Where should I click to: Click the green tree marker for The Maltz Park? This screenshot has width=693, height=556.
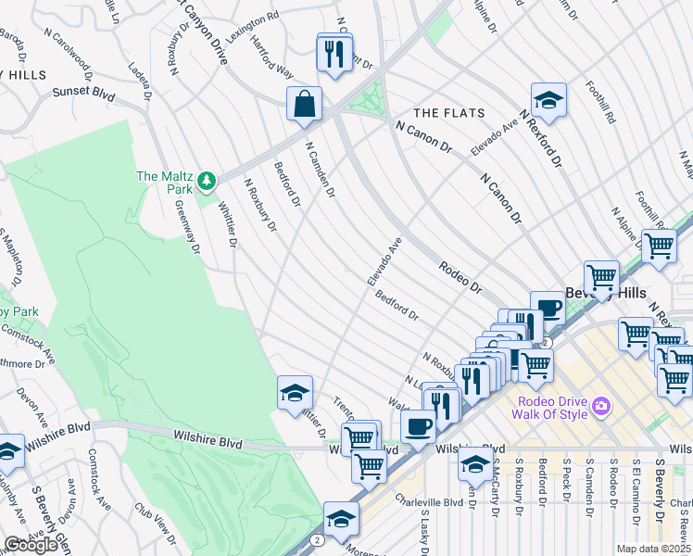210,179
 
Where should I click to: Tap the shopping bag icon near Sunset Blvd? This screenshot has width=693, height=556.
304,105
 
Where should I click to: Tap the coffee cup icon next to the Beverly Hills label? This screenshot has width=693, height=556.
549,309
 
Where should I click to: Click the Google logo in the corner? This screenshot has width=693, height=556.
31,545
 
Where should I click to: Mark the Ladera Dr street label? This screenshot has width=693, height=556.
140,82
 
